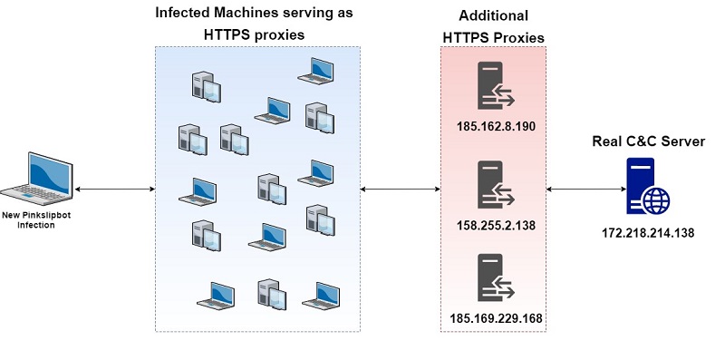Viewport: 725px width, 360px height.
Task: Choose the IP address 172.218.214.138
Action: click(x=648, y=233)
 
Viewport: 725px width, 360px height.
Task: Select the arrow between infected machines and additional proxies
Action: click(x=400, y=190)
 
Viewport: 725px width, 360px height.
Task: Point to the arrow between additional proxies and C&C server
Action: click(x=585, y=190)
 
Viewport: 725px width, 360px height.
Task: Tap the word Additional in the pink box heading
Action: click(x=494, y=16)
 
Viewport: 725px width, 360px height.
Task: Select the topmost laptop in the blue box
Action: click(x=321, y=67)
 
